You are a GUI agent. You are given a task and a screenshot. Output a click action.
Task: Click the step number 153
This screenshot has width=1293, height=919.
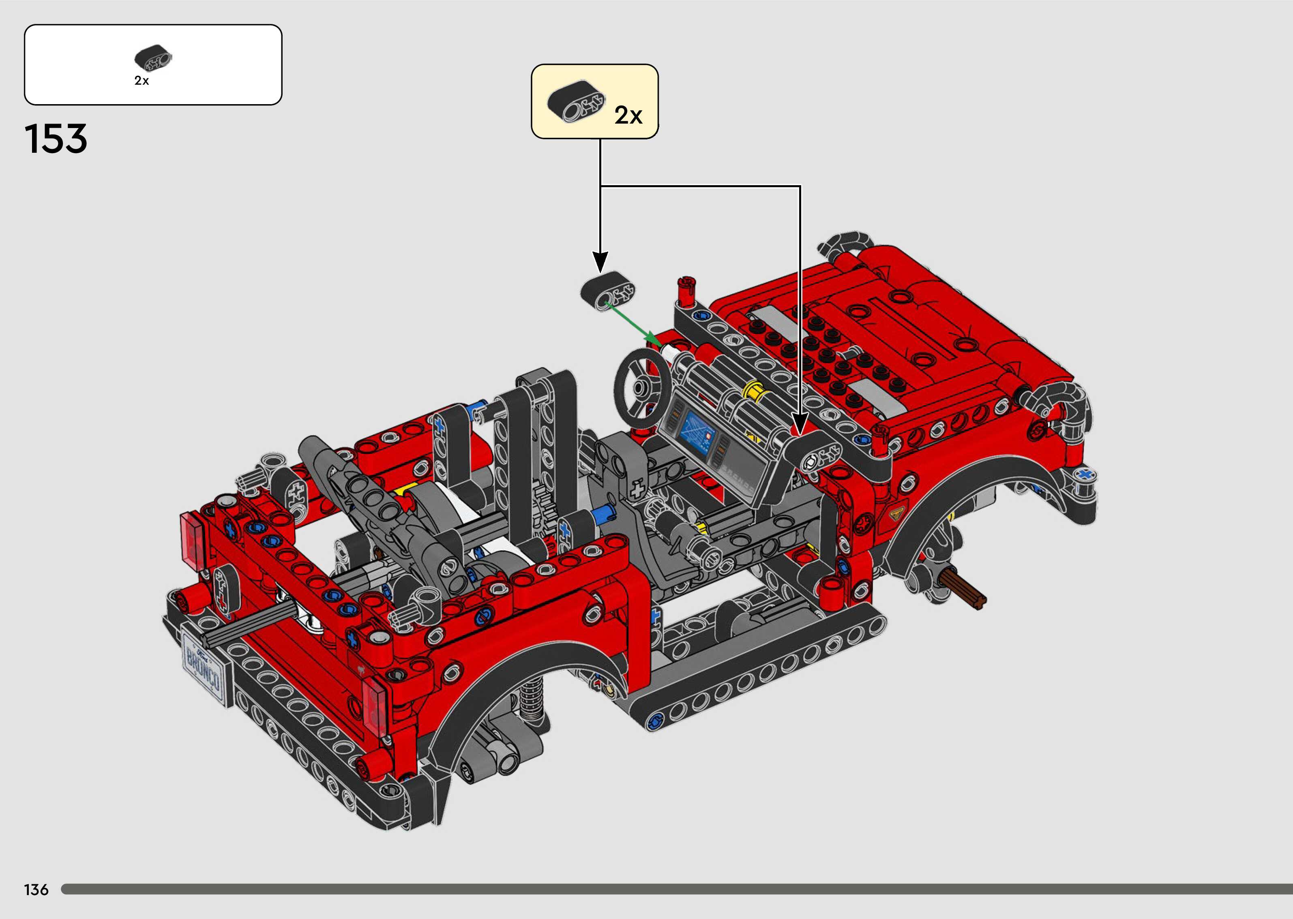[56, 139]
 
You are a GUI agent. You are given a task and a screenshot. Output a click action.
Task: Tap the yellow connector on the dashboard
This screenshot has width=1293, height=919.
[756, 391]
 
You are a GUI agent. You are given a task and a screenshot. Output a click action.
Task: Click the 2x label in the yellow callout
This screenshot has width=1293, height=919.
[628, 115]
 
